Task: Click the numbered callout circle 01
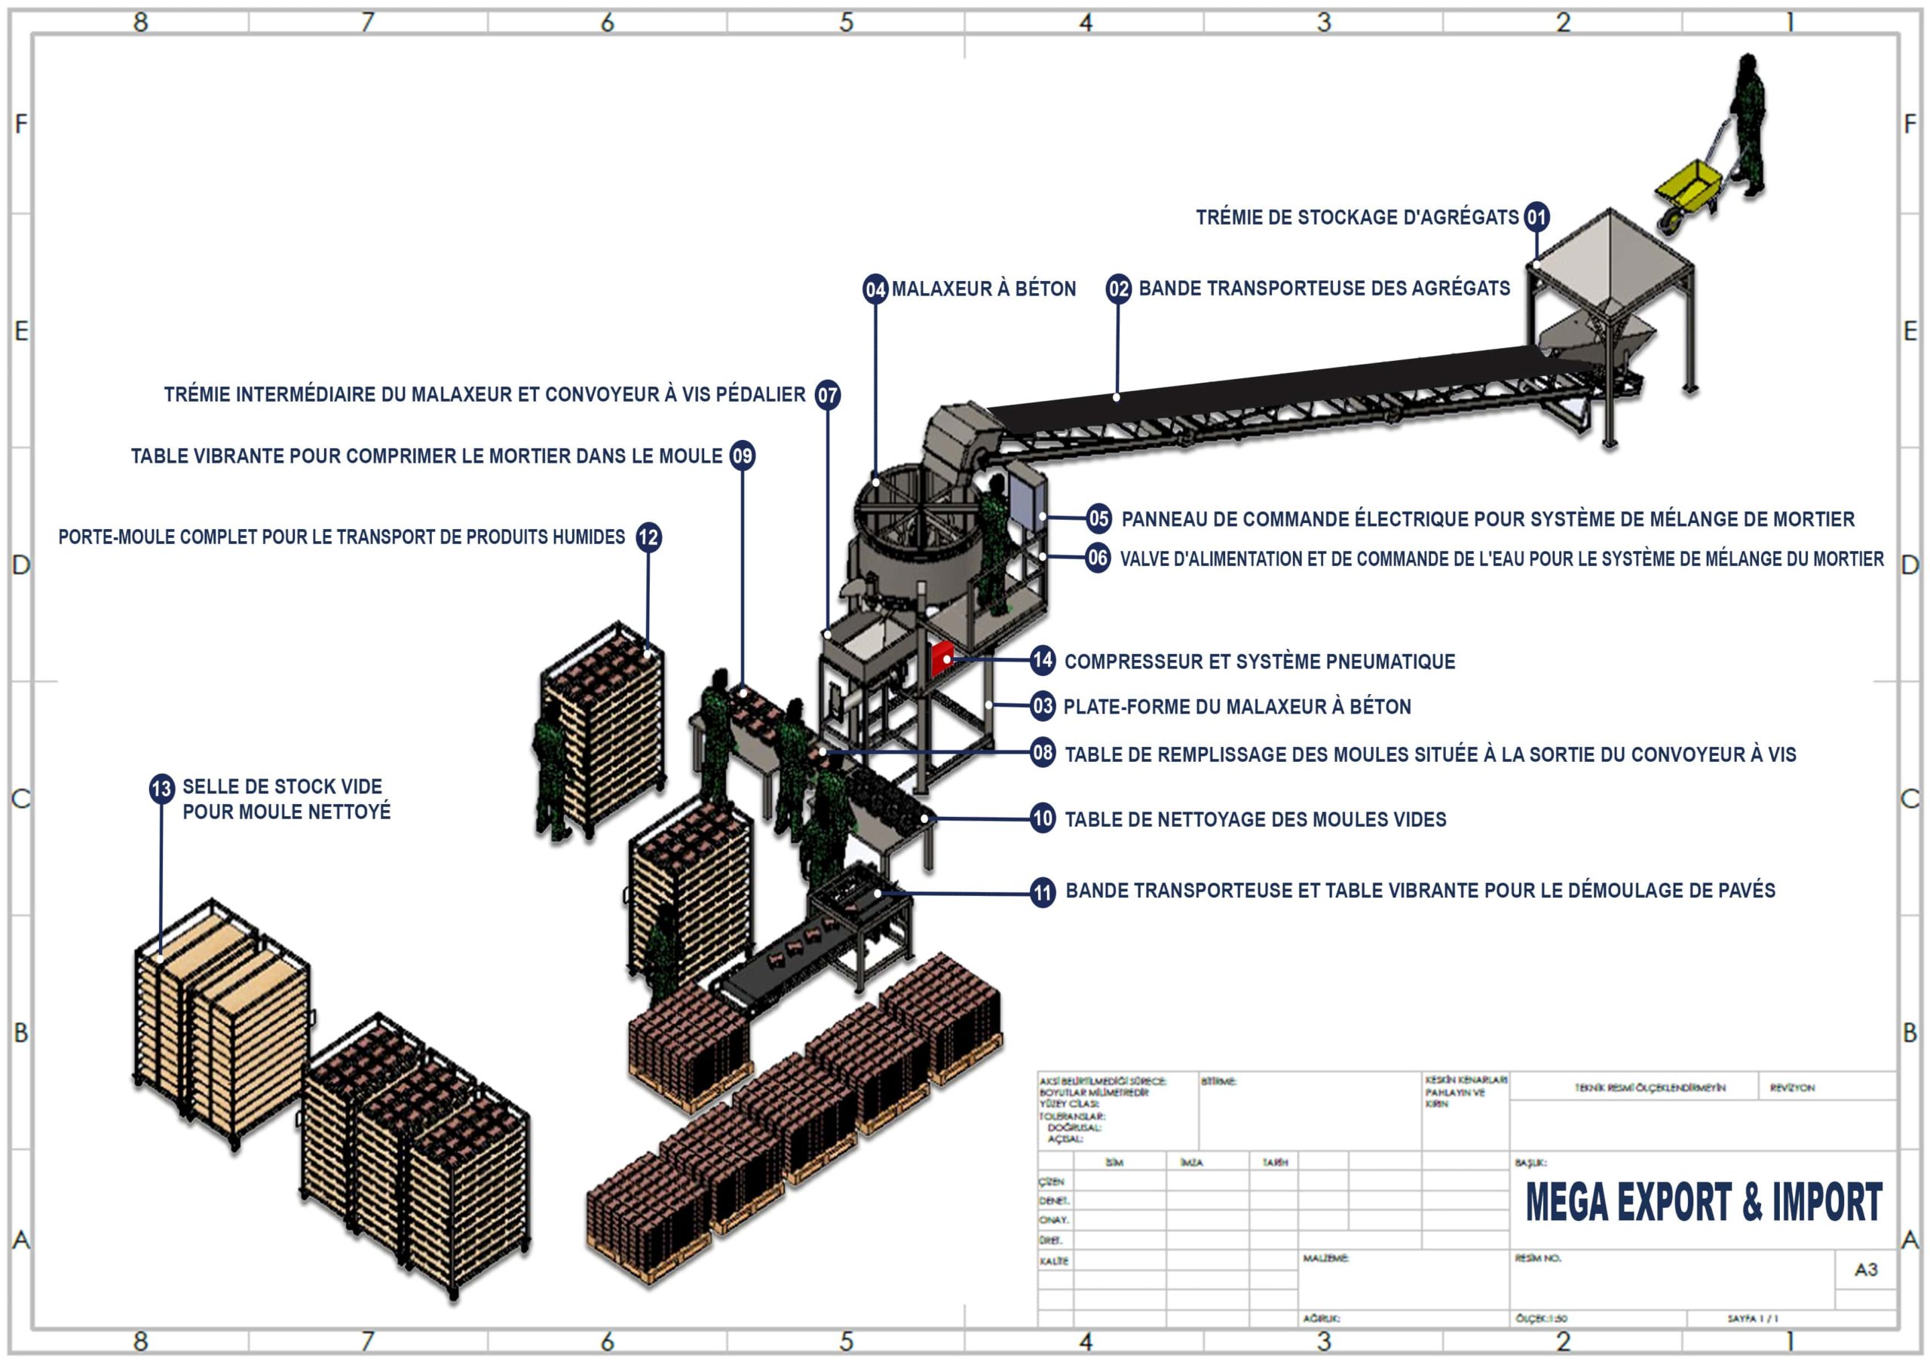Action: [x=1536, y=218]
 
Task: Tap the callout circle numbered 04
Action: [x=875, y=289]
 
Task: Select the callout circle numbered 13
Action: [x=161, y=788]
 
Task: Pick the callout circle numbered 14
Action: [x=1043, y=661]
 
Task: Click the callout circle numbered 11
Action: [x=1043, y=891]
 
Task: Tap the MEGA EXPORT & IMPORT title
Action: [x=1703, y=1202]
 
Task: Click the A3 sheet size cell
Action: [x=1865, y=1269]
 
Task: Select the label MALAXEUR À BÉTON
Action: [x=984, y=289]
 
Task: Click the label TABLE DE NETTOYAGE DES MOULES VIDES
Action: [x=1255, y=819]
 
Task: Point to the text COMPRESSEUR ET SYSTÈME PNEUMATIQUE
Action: [x=1259, y=662]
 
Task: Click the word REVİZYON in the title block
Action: [x=1792, y=1087]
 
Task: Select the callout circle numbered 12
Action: [x=648, y=537]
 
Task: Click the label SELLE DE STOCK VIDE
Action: [x=283, y=787]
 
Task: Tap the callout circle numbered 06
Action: [x=1098, y=558]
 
